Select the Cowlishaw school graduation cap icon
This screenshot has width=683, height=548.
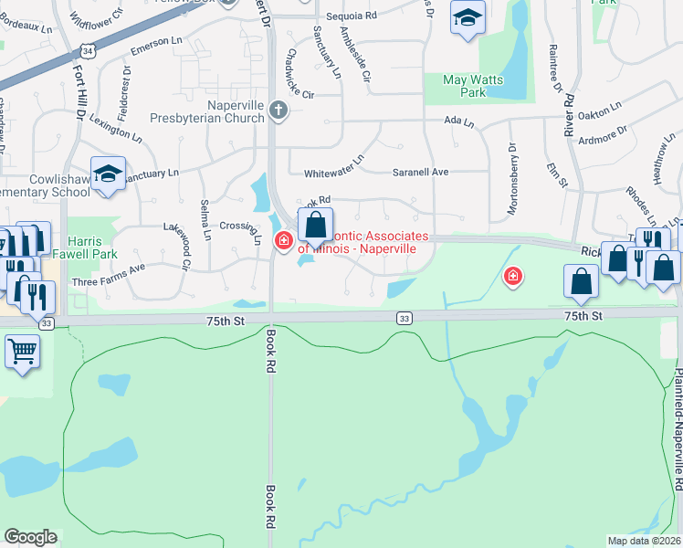[108, 174]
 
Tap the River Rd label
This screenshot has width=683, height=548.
[568, 109]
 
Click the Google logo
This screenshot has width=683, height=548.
[30, 536]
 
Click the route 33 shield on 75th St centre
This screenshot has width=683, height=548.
[403, 318]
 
